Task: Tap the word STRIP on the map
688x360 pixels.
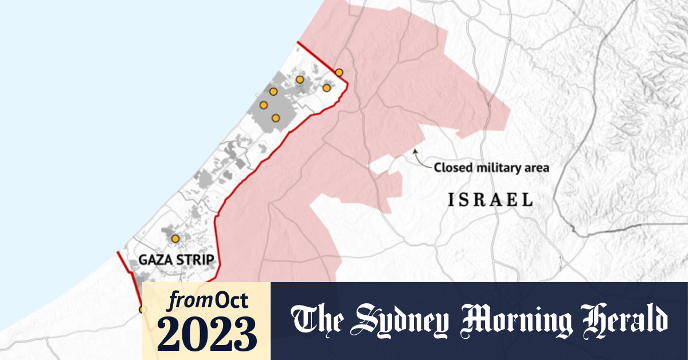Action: [194, 260]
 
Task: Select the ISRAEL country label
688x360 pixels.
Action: [490, 200]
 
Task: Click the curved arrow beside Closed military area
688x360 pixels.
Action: [421, 158]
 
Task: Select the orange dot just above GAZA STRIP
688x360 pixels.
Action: [175, 238]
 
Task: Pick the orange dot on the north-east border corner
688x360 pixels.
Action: [339, 72]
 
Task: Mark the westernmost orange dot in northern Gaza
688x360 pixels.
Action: [264, 105]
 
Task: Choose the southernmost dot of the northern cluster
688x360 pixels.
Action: [276, 118]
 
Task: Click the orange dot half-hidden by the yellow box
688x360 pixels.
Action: [142, 310]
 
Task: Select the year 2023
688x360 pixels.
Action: [206, 333]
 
